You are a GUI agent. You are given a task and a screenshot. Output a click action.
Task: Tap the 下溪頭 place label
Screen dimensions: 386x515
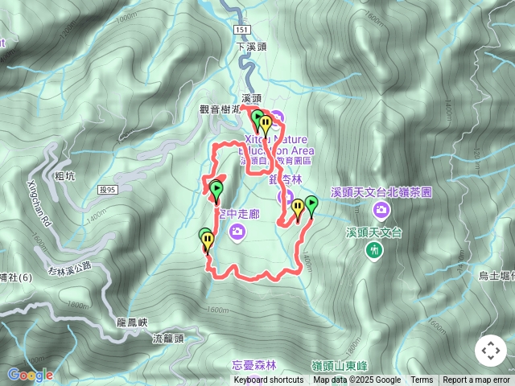[251, 47]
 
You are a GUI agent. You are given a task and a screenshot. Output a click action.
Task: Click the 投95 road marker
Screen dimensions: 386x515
[107, 190]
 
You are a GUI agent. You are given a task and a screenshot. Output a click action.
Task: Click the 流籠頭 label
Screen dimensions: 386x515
[168, 339]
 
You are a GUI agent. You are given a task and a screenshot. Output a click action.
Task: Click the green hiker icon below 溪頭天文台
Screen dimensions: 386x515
[374, 251]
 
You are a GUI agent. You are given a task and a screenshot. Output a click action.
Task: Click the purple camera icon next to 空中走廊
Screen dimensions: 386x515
[237, 232]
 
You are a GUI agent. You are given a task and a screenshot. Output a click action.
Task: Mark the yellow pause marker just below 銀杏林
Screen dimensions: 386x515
[297, 209]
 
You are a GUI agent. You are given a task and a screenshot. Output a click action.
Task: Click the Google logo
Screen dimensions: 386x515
[30, 375]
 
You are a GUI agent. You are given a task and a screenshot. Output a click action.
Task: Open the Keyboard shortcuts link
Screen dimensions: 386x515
[269, 380]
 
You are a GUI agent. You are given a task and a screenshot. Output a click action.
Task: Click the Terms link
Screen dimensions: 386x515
[422, 380]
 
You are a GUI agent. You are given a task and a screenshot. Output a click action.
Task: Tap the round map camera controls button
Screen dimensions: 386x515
[490, 351]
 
